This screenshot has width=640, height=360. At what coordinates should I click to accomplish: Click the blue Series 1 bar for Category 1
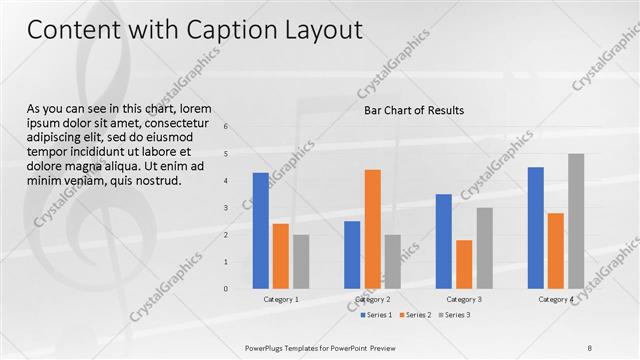tap(260, 230)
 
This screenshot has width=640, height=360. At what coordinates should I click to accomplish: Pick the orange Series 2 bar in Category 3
tap(464, 264)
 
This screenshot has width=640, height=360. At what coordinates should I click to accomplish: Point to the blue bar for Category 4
tap(535, 227)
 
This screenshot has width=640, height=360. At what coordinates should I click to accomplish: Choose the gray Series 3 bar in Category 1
tap(301, 261)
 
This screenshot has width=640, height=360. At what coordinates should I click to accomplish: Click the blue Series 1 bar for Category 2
tap(352, 254)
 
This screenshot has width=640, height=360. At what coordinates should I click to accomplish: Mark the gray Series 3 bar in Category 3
tap(484, 248)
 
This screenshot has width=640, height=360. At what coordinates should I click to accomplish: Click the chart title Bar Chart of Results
tap(413, 111)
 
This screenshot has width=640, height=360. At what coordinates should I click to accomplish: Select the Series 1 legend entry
tap(377, 315)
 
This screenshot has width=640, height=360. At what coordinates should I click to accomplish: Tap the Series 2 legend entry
tap(416, 315)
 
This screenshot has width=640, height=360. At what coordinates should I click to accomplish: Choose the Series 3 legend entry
tap(455, 315)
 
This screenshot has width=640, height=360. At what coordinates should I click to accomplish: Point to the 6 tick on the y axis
tap(226, 126)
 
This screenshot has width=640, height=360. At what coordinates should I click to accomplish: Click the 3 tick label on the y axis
tap(226, 208)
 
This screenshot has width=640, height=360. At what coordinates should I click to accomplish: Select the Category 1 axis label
tap(281, 299)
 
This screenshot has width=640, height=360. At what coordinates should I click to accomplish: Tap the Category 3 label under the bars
tap(464, 299)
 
